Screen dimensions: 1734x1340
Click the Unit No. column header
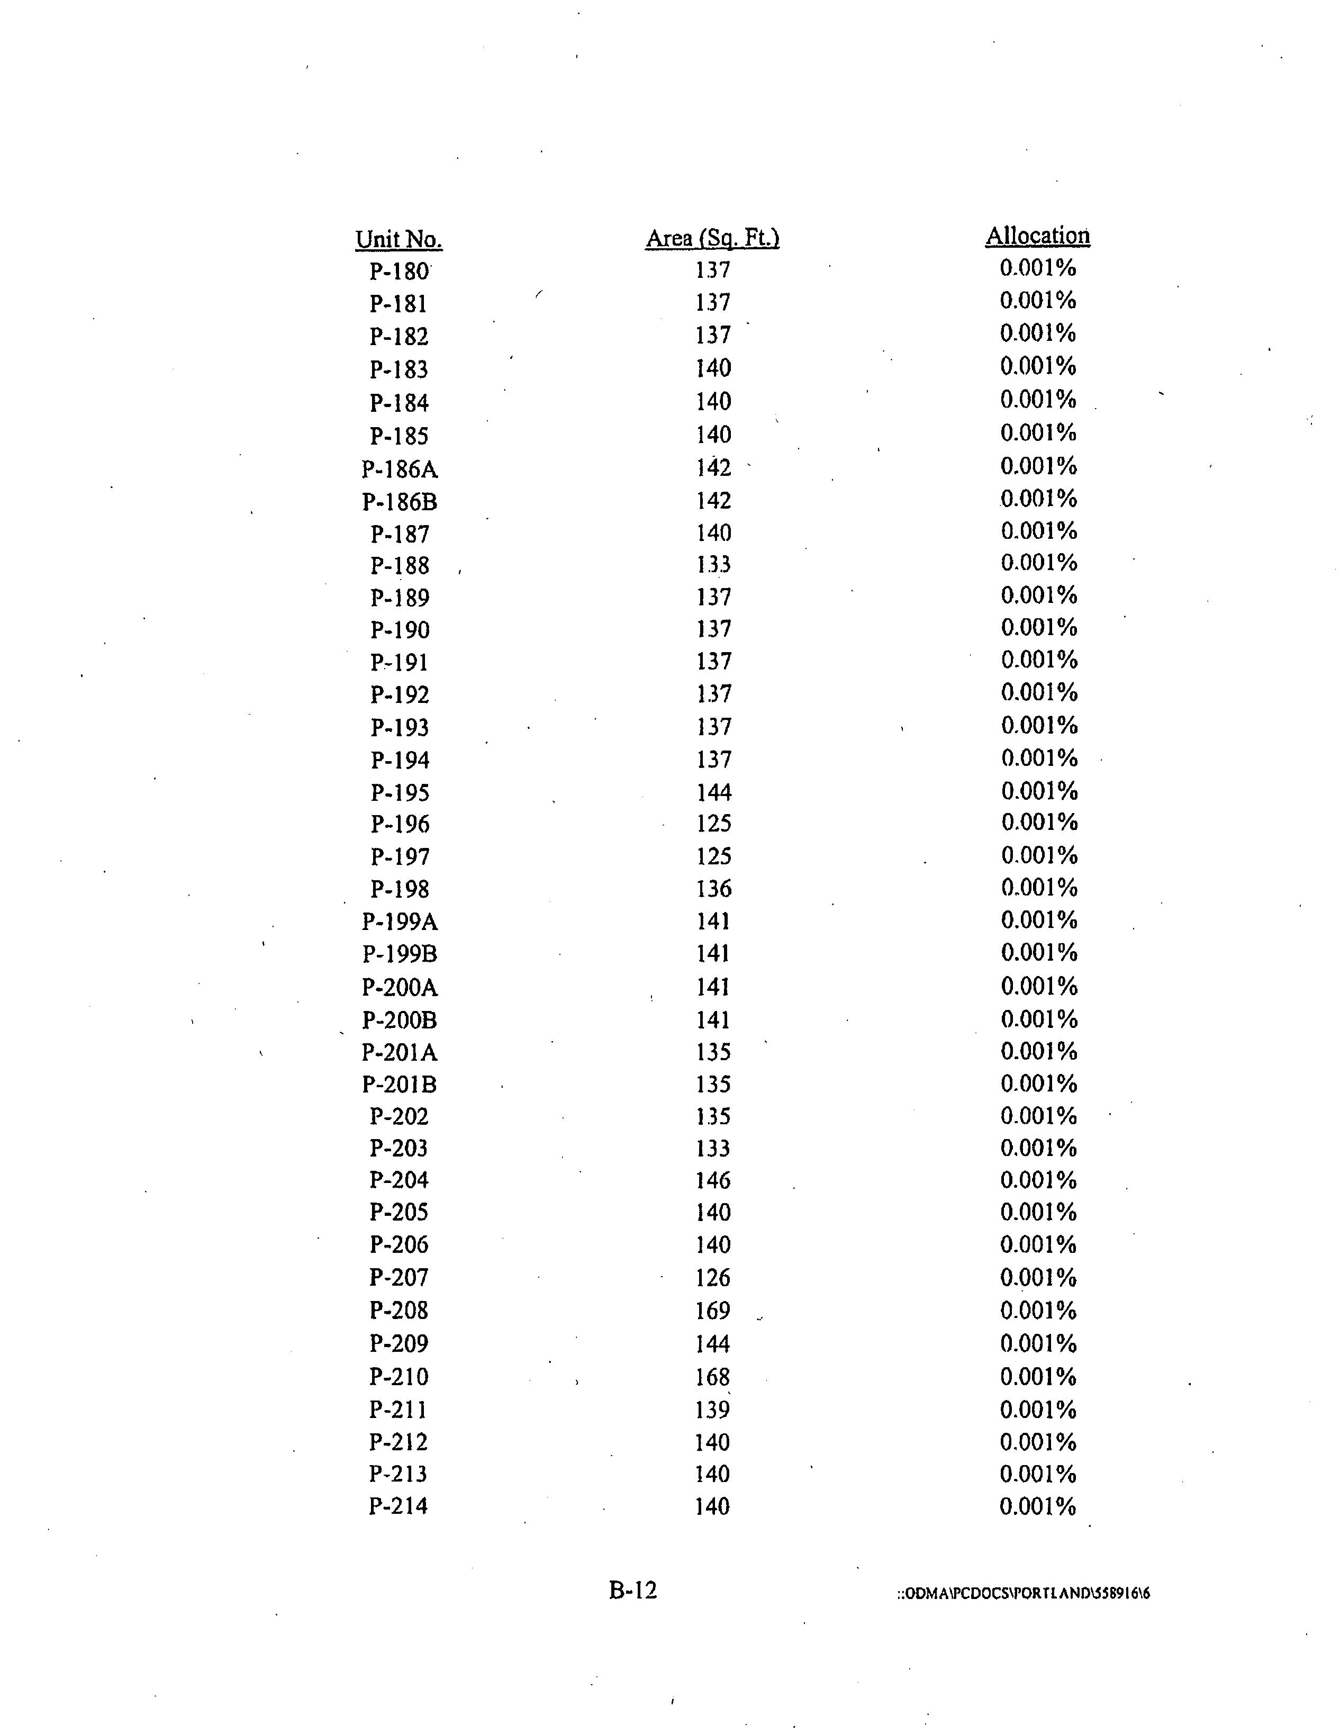point(399,240)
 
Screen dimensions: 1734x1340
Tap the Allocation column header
point(1037,236)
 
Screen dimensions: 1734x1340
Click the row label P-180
point(399,272)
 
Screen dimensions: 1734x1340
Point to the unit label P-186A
point(399,469)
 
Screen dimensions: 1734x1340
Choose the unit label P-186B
point(399,502)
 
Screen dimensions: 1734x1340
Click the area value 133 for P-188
point(713,564)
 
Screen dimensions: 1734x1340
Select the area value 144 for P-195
point(713,792)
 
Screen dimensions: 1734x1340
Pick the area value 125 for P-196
point(713,824)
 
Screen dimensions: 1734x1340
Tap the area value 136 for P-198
point(713,888)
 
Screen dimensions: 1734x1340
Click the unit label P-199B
point(399,954)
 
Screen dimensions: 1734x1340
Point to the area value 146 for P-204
point(713,1180)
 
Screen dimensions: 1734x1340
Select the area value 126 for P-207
point(713,1278)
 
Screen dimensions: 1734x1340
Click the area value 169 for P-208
point(713,1310)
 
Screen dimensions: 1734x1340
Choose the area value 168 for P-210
point(713,1377)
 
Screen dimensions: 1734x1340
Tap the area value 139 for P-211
point(713,1409)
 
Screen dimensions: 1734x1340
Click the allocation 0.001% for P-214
point(1037,1506)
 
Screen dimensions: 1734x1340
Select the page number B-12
point(633,1590)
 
